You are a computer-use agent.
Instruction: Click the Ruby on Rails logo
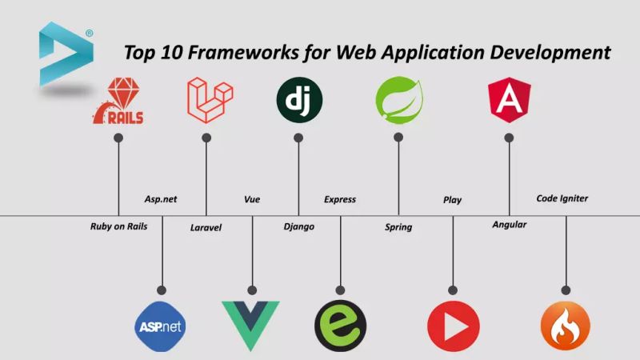(118, 103)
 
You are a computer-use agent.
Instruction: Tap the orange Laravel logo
(206, 99)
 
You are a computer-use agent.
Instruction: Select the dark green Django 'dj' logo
(299, 100)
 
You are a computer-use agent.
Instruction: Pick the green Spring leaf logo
(398, 100)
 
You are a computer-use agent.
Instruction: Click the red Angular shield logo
(509, 100)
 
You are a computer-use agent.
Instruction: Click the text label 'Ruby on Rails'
(118, 226)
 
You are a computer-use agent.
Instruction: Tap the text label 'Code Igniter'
(562, 198)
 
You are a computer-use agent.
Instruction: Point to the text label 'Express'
(340, 199)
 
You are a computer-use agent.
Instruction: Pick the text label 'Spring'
(398, 227)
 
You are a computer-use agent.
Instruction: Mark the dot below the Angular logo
(509, 138)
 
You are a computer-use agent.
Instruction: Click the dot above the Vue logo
(252, 290)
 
